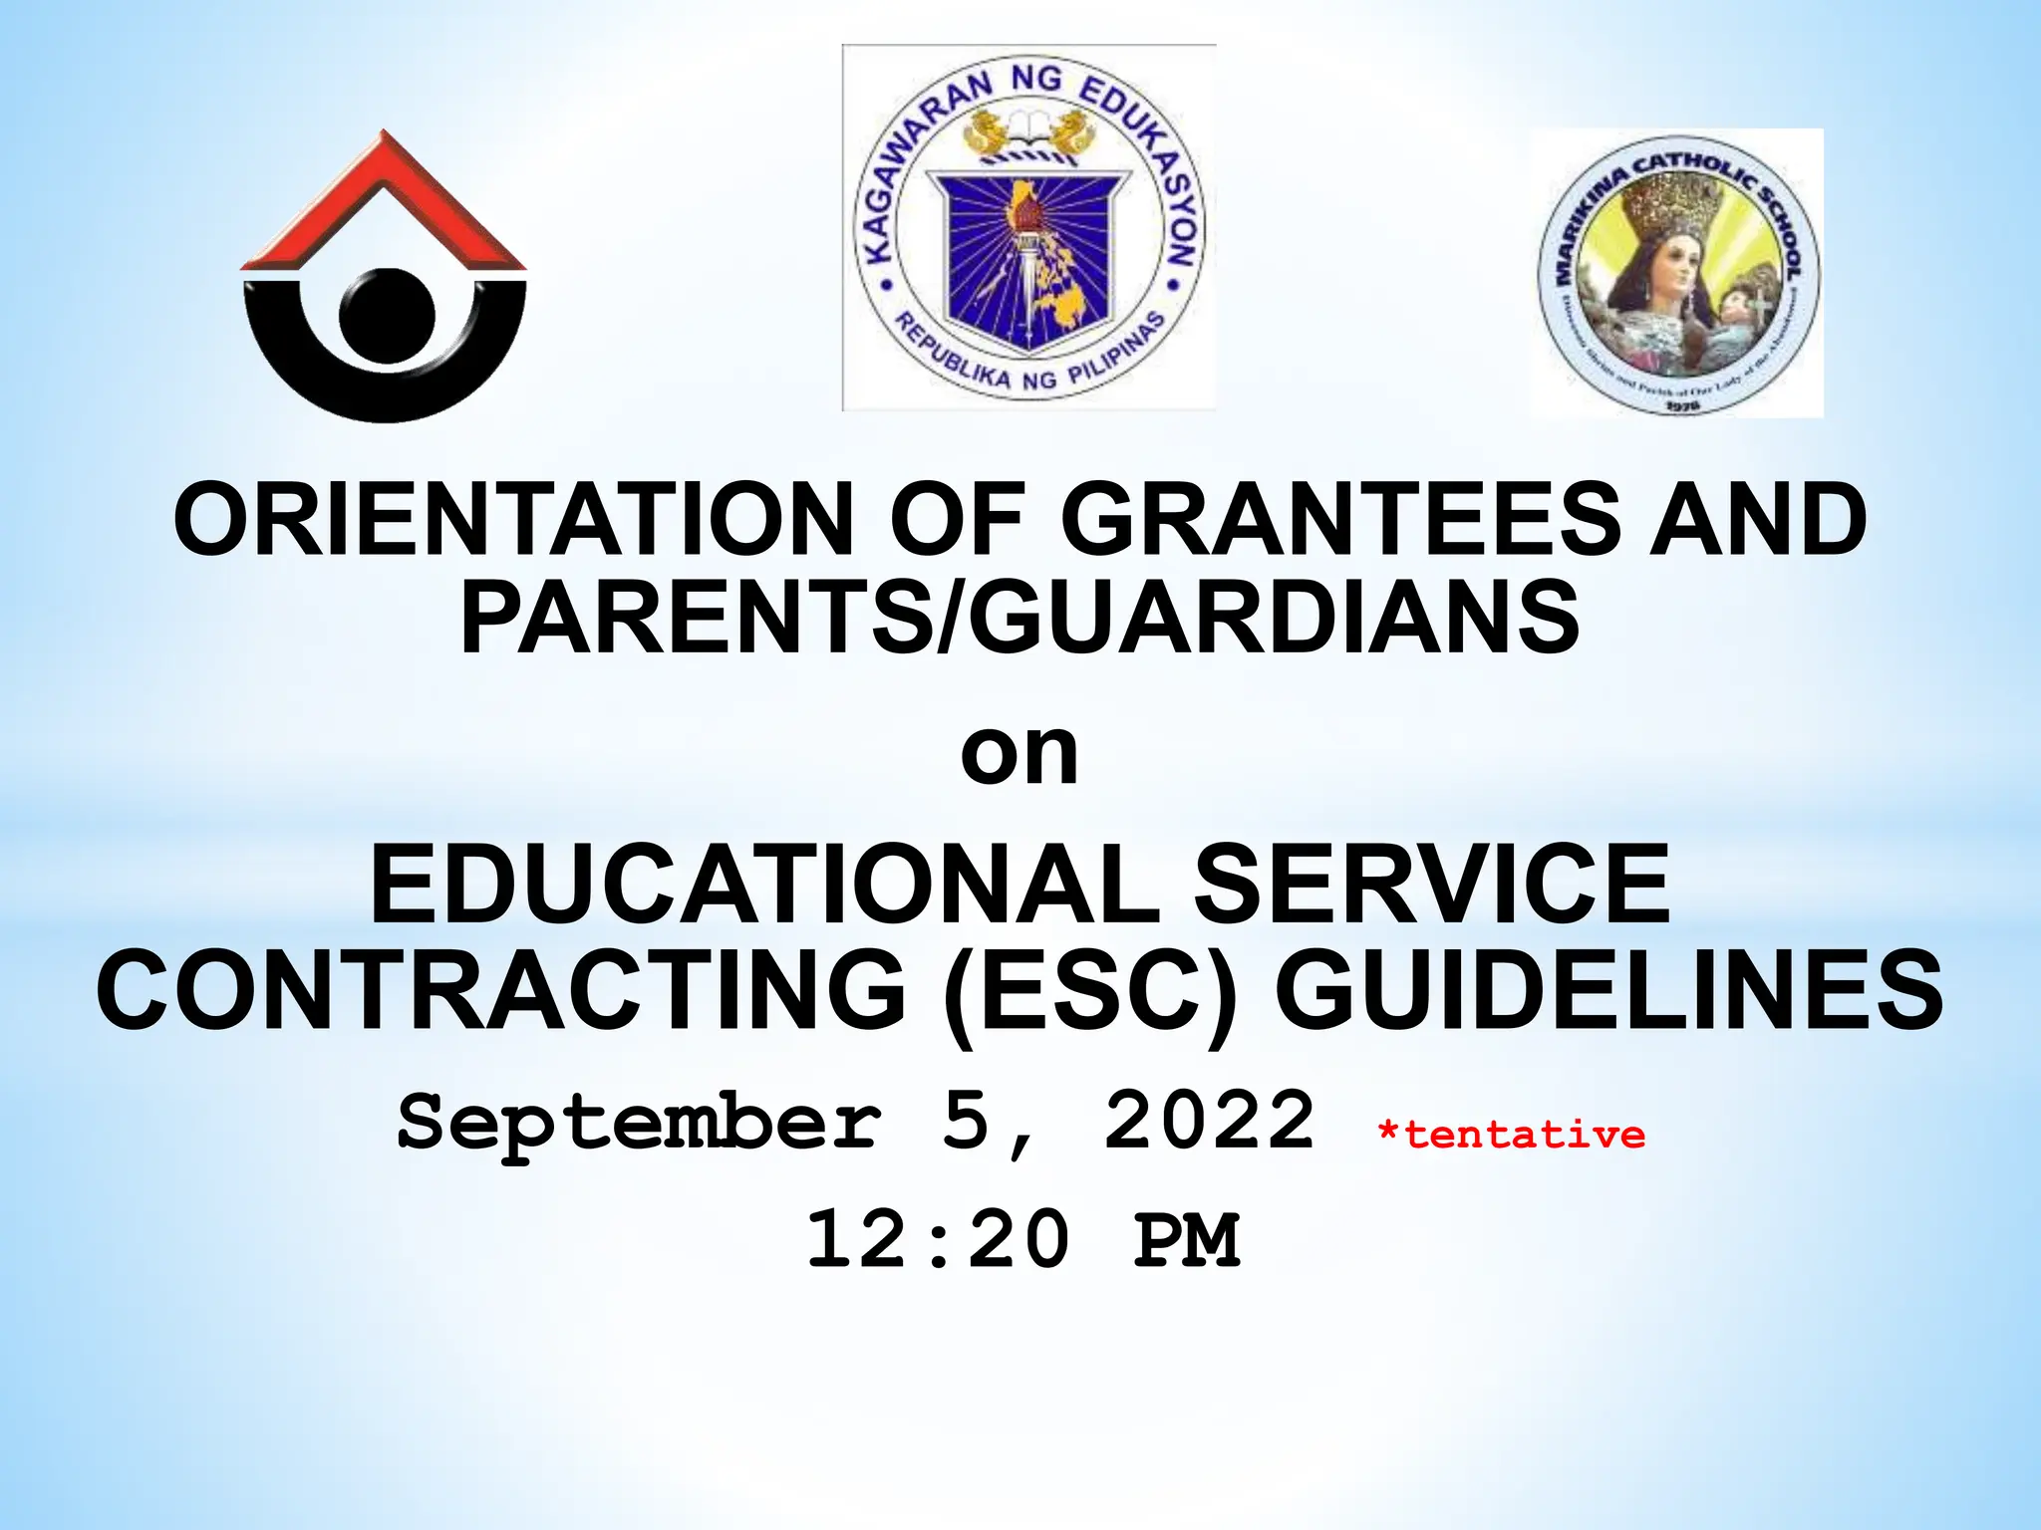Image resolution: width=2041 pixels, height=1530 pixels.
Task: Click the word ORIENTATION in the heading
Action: [513, 520]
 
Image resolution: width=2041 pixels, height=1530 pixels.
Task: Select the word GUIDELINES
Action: [1608, 989]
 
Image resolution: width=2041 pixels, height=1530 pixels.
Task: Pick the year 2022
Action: [1210, 1121]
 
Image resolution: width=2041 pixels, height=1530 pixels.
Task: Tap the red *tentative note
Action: [1511, 1136]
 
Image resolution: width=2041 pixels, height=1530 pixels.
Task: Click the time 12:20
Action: [938, 1240]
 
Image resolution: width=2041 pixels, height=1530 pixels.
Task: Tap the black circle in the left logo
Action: [387, 315]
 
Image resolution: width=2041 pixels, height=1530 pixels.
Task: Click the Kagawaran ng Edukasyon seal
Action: [1028, 228]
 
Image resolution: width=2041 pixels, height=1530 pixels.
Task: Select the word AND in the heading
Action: [1758, 520]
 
